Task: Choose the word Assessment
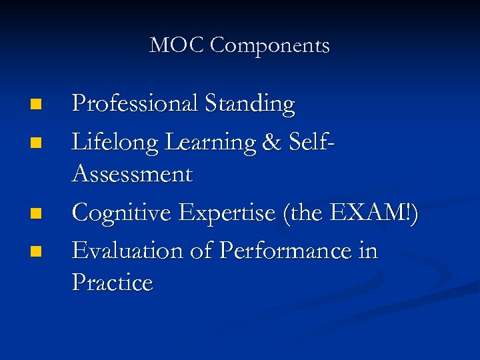click(132, 175)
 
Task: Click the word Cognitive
click(123, 213)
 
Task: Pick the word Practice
click(112, 283)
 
